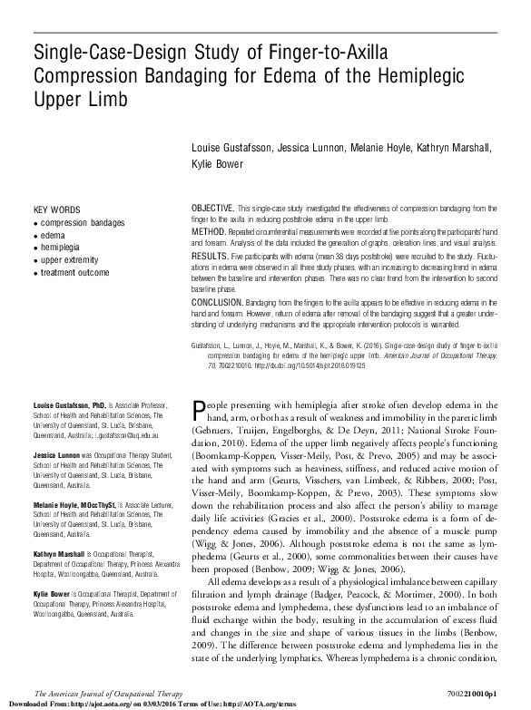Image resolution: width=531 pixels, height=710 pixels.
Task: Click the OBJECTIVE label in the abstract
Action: click(213, 208)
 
